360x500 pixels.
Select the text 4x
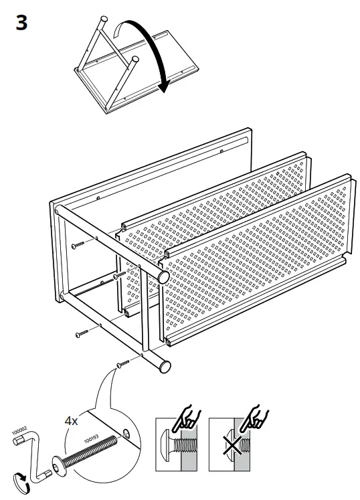(71, 421)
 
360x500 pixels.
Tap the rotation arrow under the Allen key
(21, 483)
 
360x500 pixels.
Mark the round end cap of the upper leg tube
(163, 276)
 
